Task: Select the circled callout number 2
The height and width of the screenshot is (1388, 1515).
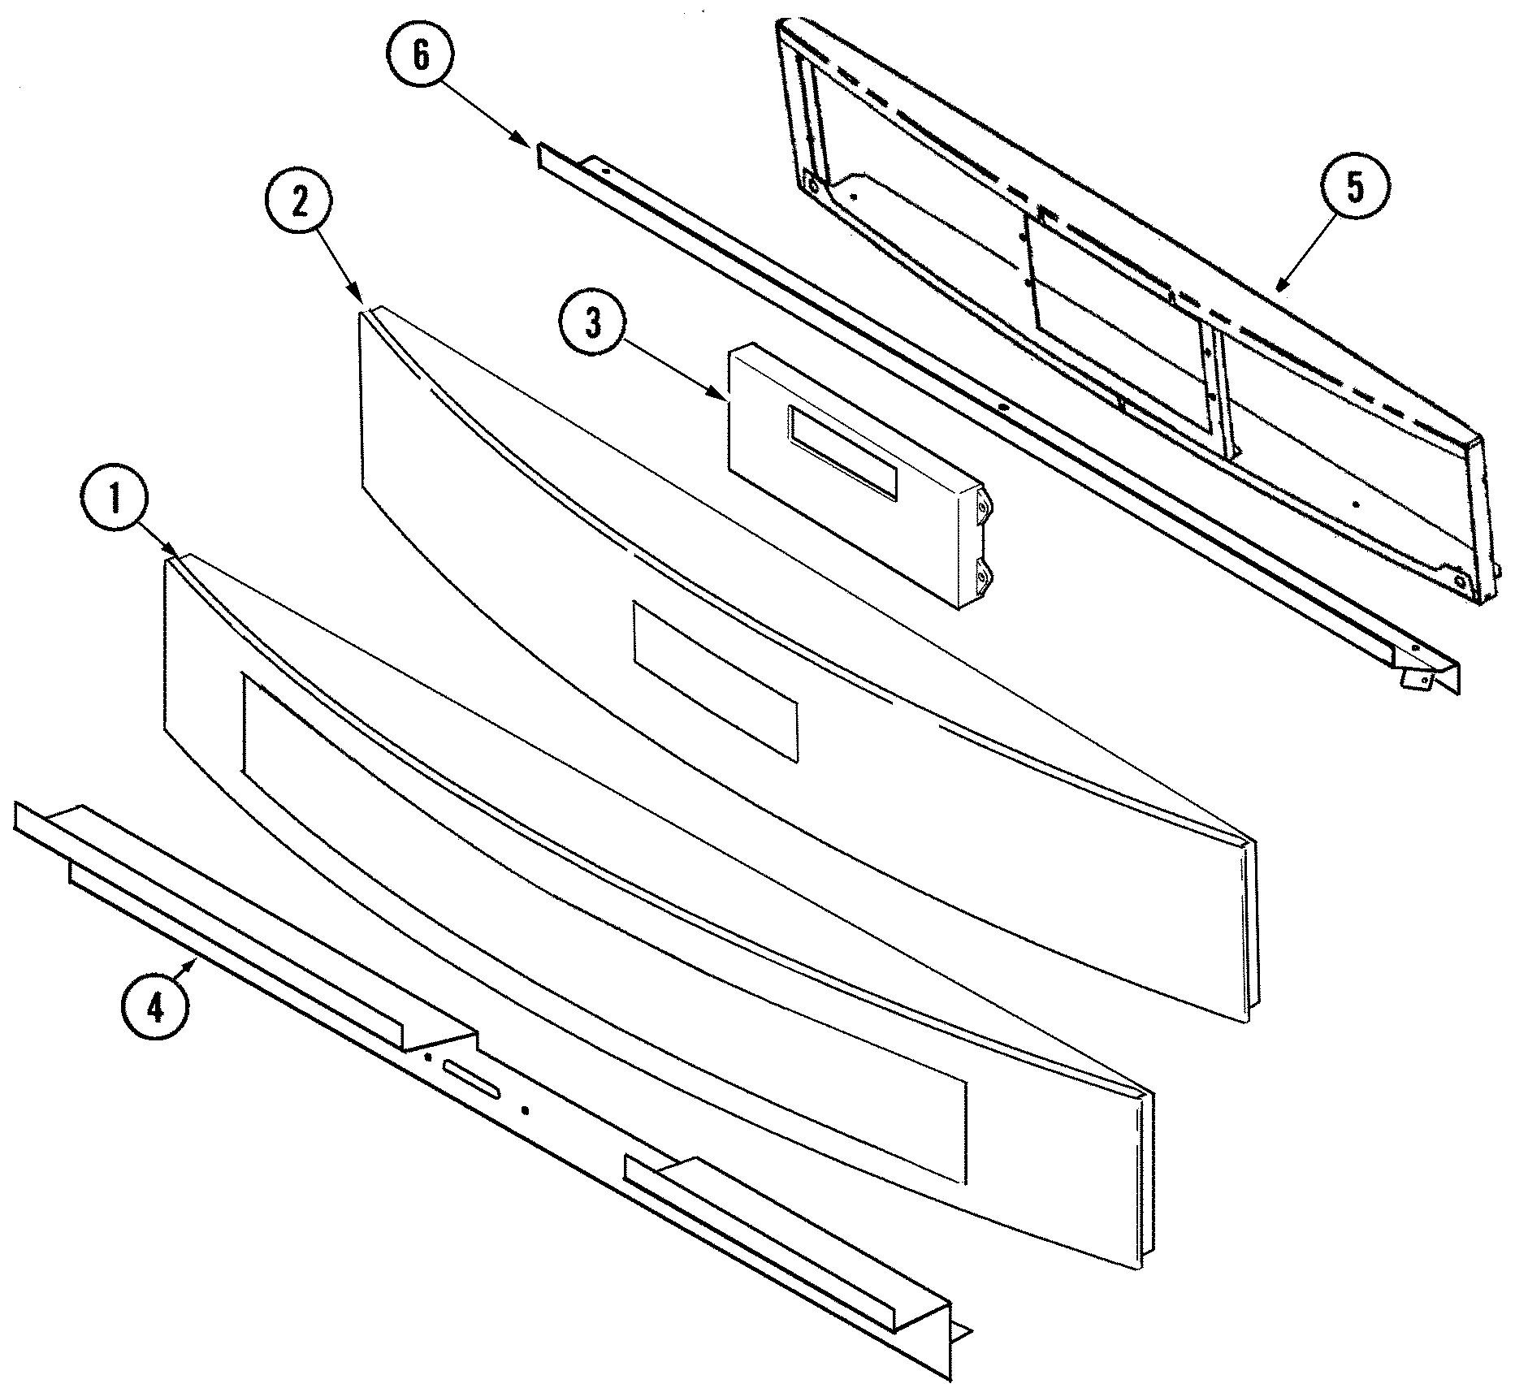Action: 298,203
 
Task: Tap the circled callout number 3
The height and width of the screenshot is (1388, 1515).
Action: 593,324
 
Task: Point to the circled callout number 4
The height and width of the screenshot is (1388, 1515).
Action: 154,1008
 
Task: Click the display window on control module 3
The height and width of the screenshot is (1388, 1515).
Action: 842,451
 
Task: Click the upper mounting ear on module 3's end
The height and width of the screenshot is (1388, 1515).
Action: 983,507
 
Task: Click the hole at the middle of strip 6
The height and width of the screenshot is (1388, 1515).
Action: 1003,405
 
